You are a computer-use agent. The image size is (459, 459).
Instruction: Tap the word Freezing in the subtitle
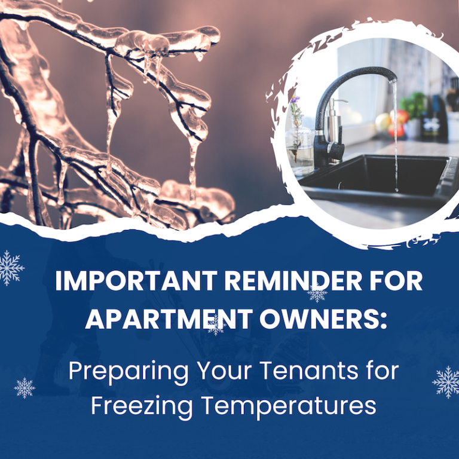pyautogui.click(x=142, y=406)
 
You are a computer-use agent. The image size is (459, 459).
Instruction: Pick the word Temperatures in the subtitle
pyautogui.click(x=291, y=406)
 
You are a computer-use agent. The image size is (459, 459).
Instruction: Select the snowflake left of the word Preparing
pyautogui.click(x=25, y=388)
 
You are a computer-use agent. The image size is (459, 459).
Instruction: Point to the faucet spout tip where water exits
pyautogui.click(x=393, y=78)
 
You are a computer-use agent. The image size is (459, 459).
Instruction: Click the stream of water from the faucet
pyautogui.click(x=395, y=137)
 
